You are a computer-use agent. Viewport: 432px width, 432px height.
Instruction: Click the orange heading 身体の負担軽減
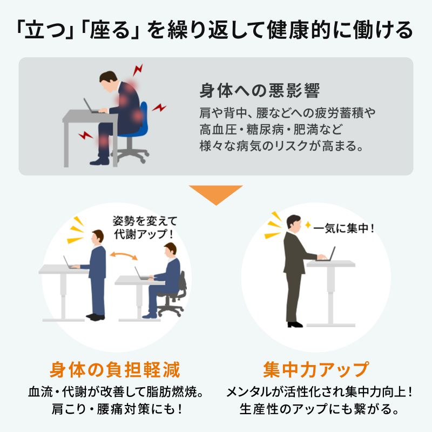tap(114, 370)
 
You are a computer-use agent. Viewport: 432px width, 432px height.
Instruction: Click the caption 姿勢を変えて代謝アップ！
tap(144, 228)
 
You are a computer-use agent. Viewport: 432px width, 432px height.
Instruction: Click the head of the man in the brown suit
tap(293, 222)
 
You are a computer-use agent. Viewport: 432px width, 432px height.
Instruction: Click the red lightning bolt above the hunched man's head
tap(138, 70)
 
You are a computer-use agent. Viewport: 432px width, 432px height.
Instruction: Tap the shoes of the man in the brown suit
tap(295, 325)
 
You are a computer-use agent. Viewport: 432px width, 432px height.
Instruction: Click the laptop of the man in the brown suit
tap(328, 254)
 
